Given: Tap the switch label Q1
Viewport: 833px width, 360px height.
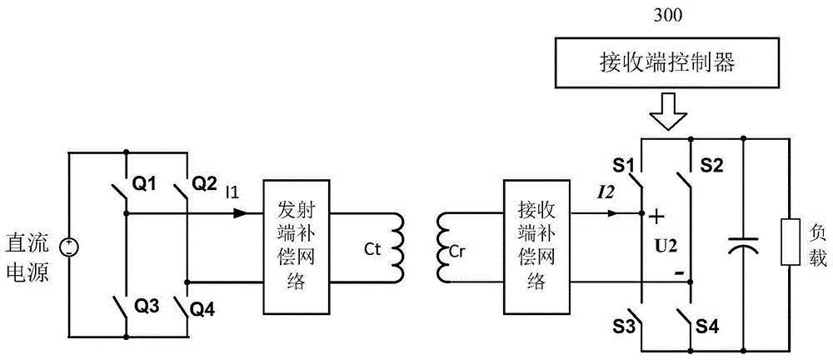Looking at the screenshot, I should pos(146,182).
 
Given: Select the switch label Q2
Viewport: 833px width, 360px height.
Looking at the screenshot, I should pos(205,182).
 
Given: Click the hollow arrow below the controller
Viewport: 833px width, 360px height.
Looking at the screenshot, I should pos(669,117).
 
